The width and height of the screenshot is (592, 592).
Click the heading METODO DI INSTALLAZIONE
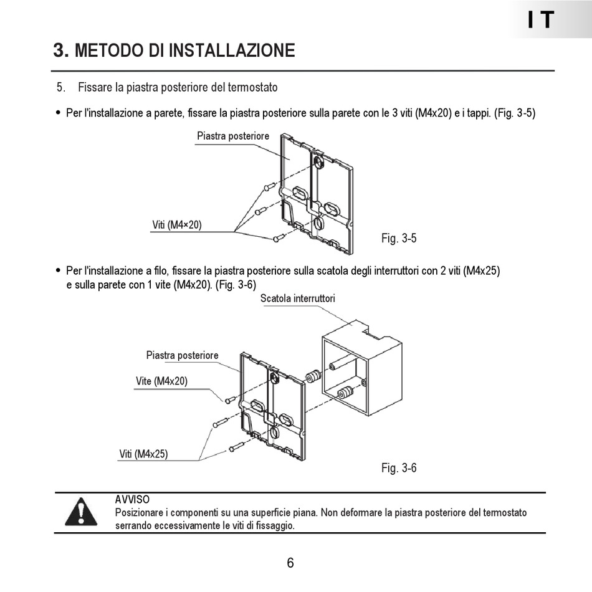184,50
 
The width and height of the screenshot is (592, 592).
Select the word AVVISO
132,500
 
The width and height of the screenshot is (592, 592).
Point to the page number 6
290,563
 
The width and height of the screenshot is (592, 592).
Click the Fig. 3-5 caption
399,238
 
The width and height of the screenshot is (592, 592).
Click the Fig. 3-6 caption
399,468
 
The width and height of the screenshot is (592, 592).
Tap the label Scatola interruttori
298,298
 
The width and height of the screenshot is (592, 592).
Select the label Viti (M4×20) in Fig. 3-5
177,225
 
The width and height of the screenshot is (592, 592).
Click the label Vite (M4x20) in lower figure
161,381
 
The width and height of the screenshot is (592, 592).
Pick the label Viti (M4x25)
143,454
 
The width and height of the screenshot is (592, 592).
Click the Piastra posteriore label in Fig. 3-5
233,136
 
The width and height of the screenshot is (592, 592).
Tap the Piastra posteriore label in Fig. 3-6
183,355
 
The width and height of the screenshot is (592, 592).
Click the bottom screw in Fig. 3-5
279,237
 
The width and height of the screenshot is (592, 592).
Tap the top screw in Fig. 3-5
269,186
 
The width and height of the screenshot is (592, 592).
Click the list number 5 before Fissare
61,87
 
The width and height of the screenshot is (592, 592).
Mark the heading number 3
60,50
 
